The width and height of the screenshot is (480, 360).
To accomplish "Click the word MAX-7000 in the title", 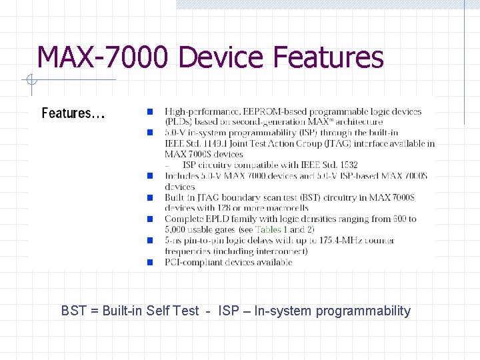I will [104, 57].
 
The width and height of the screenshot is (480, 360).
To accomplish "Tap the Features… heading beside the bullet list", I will [73, 113].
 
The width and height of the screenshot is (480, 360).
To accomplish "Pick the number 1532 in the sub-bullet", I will [345, 165].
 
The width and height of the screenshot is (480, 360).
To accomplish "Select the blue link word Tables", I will [269, 229].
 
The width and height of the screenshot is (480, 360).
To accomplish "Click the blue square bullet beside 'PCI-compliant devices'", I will [151, 262].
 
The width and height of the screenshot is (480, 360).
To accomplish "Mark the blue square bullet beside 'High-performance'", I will [151, 111].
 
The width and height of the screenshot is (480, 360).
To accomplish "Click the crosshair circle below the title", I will [30, 81].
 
